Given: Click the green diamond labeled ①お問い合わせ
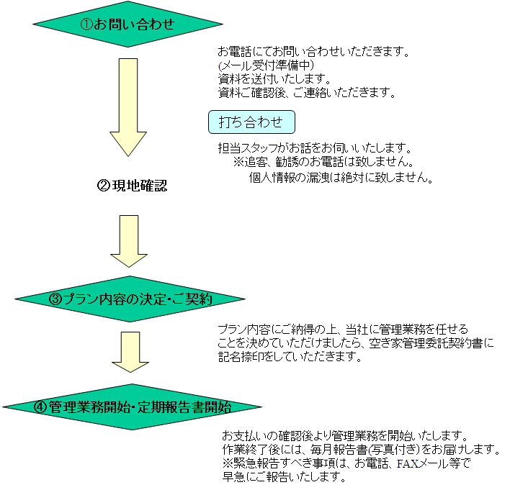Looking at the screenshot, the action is click(x=127, y=24).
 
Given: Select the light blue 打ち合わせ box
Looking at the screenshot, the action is click(x=251, y=122).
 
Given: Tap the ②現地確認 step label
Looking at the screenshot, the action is click(x=133, y=186).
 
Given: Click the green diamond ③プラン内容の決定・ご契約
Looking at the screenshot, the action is click(x=130, y=299).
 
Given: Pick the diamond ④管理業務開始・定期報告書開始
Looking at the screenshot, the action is click(x=132, y=407).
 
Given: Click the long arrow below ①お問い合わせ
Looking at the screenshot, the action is click(x=128, y=107).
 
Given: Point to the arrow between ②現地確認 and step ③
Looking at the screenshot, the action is click(x=129, y=241).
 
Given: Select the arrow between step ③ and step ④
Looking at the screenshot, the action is click(x=130, y=352).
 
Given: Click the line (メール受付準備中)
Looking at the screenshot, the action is click(x=267, y=65).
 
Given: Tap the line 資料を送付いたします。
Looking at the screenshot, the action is click(x=274, y=78).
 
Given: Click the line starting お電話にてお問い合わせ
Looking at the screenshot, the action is click(x=314, y=51).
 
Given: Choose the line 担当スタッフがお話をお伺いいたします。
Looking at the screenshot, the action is click(x=315, y=148).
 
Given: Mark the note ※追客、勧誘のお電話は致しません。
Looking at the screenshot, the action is click(x=323, y=161).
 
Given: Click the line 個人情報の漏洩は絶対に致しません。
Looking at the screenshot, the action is click(x=341, y=178).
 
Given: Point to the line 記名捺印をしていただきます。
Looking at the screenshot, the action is click(x=290, y=357).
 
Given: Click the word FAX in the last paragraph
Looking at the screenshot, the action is click(x=408, y=463).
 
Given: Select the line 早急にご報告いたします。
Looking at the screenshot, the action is click(x=284, y=476).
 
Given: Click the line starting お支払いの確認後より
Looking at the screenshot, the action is click(x=345, y=435).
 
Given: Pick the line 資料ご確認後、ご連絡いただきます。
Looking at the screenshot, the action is click(x=307, y=93).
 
